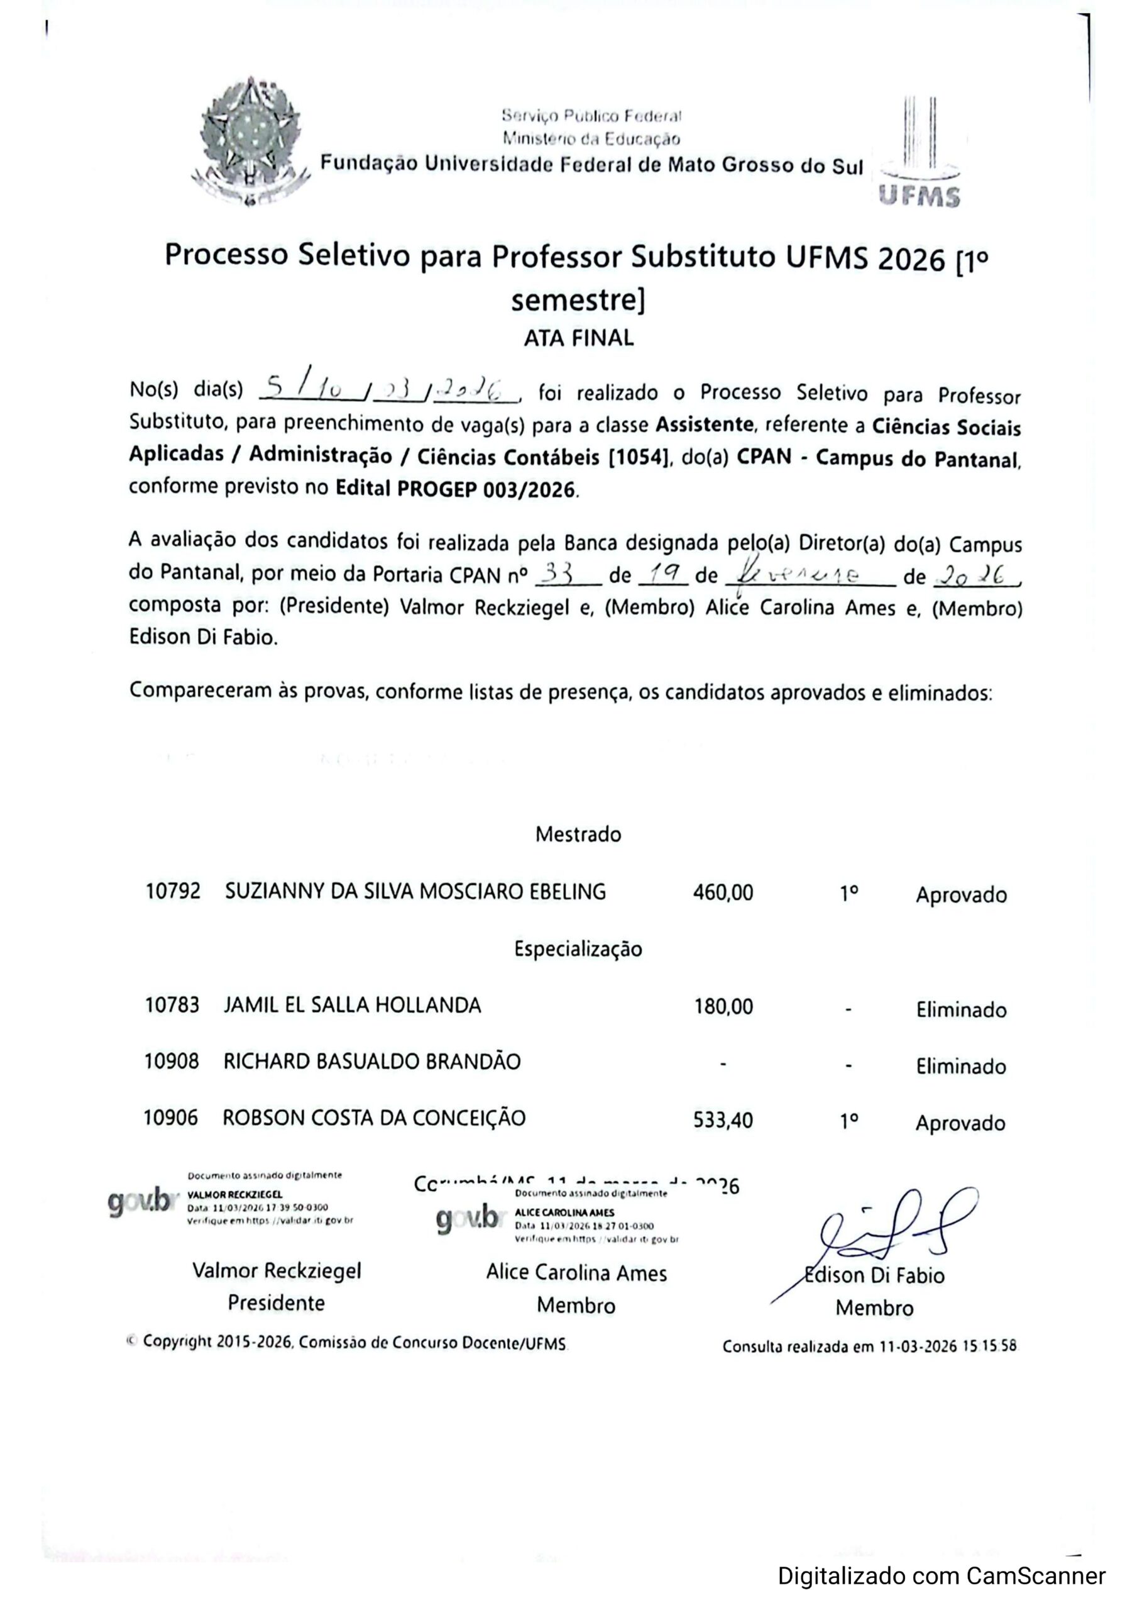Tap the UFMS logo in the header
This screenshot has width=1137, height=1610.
coord(919,157)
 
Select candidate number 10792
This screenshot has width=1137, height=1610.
coord(173,891)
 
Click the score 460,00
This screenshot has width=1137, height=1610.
coord(723,892)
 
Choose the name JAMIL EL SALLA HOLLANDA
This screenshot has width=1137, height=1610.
coord(352,1006)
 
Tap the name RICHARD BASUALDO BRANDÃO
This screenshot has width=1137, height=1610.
coord(371,1062)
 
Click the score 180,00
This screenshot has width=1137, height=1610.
coord(723,1007)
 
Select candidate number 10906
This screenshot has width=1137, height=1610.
coord(171,1118)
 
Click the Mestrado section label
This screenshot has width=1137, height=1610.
coord(578,835)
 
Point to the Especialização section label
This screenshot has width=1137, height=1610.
coord(578,950)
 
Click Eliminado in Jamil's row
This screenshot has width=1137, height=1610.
coord(960,1011)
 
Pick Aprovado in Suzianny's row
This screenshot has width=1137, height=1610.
coord(960,896)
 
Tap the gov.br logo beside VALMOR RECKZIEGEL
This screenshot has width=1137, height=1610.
coord(140,1202)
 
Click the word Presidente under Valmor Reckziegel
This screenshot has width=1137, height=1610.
coord(276,1303)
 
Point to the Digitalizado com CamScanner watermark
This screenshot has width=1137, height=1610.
coord(942,1576)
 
